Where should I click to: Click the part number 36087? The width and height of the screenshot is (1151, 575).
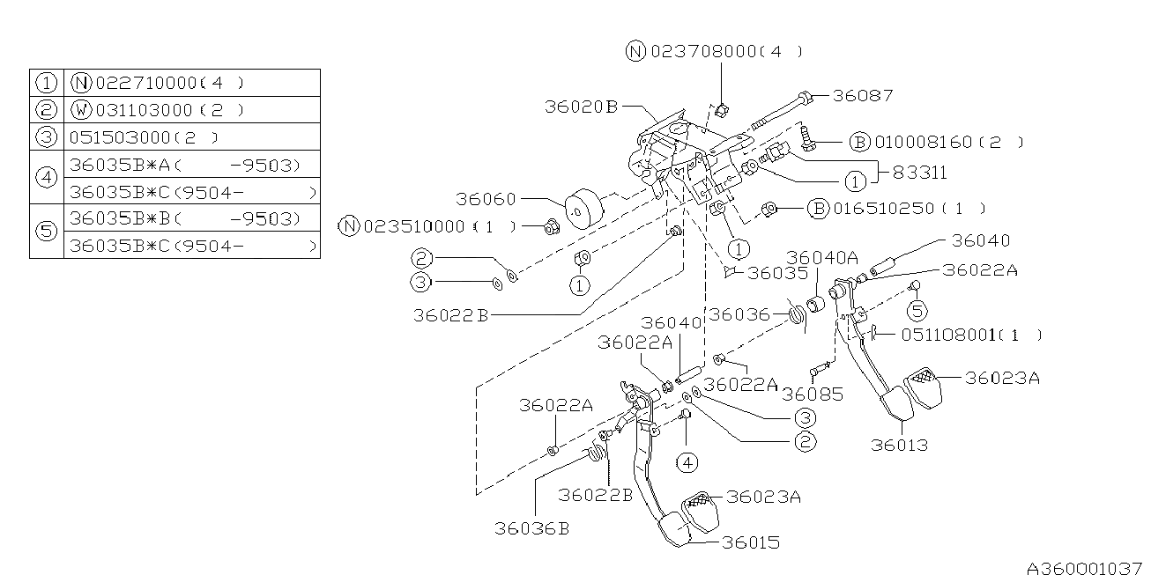(863, 96)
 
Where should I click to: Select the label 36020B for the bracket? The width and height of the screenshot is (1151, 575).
(580, 106)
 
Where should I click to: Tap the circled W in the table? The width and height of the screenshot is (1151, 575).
(80, 110)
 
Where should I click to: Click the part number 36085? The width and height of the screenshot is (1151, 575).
(812, 394)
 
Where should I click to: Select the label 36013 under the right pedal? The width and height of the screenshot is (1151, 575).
(899, 445)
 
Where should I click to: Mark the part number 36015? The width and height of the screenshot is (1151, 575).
(750, 542)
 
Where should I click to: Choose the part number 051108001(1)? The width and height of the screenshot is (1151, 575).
(969, 335)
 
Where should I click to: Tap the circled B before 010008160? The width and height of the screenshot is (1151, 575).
(859, 142)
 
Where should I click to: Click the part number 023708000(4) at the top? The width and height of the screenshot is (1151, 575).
(726, 51)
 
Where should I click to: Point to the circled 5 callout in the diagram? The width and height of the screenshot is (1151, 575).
(917, 310)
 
